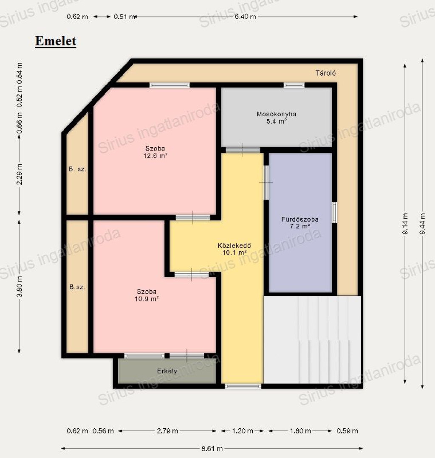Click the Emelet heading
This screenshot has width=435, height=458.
[x=56, y=41]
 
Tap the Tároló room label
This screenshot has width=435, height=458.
[x=325, y=73]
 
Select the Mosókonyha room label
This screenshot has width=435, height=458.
[x=276, y=114]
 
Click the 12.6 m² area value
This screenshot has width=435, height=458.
[x=155, y=156]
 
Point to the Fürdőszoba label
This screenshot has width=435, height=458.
[x=300, y=219]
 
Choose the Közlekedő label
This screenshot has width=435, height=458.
[x=234, y=245]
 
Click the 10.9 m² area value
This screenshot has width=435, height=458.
[x=147, y=299]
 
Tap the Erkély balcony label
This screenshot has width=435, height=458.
[x=167, y=371]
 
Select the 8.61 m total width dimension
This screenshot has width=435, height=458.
[x=212, y=448]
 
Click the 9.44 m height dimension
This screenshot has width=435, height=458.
[x=422, y=224]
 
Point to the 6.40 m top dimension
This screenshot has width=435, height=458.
[x=245, y=17]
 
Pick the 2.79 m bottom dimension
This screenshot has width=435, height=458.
[x=167, y=431]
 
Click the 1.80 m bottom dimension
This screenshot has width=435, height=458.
[x=300, y=431]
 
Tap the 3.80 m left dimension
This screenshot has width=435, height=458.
[x=19, y=287]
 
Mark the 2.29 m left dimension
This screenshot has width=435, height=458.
[x=19, y=174]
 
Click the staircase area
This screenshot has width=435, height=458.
[x=312, y=340]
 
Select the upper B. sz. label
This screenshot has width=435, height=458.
[x=77, y=169]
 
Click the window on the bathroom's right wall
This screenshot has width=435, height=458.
[x=334, y=213]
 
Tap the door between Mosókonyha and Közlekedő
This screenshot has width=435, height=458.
[x=243, y=150]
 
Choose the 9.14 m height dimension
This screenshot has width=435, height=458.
[x=405, y=224]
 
